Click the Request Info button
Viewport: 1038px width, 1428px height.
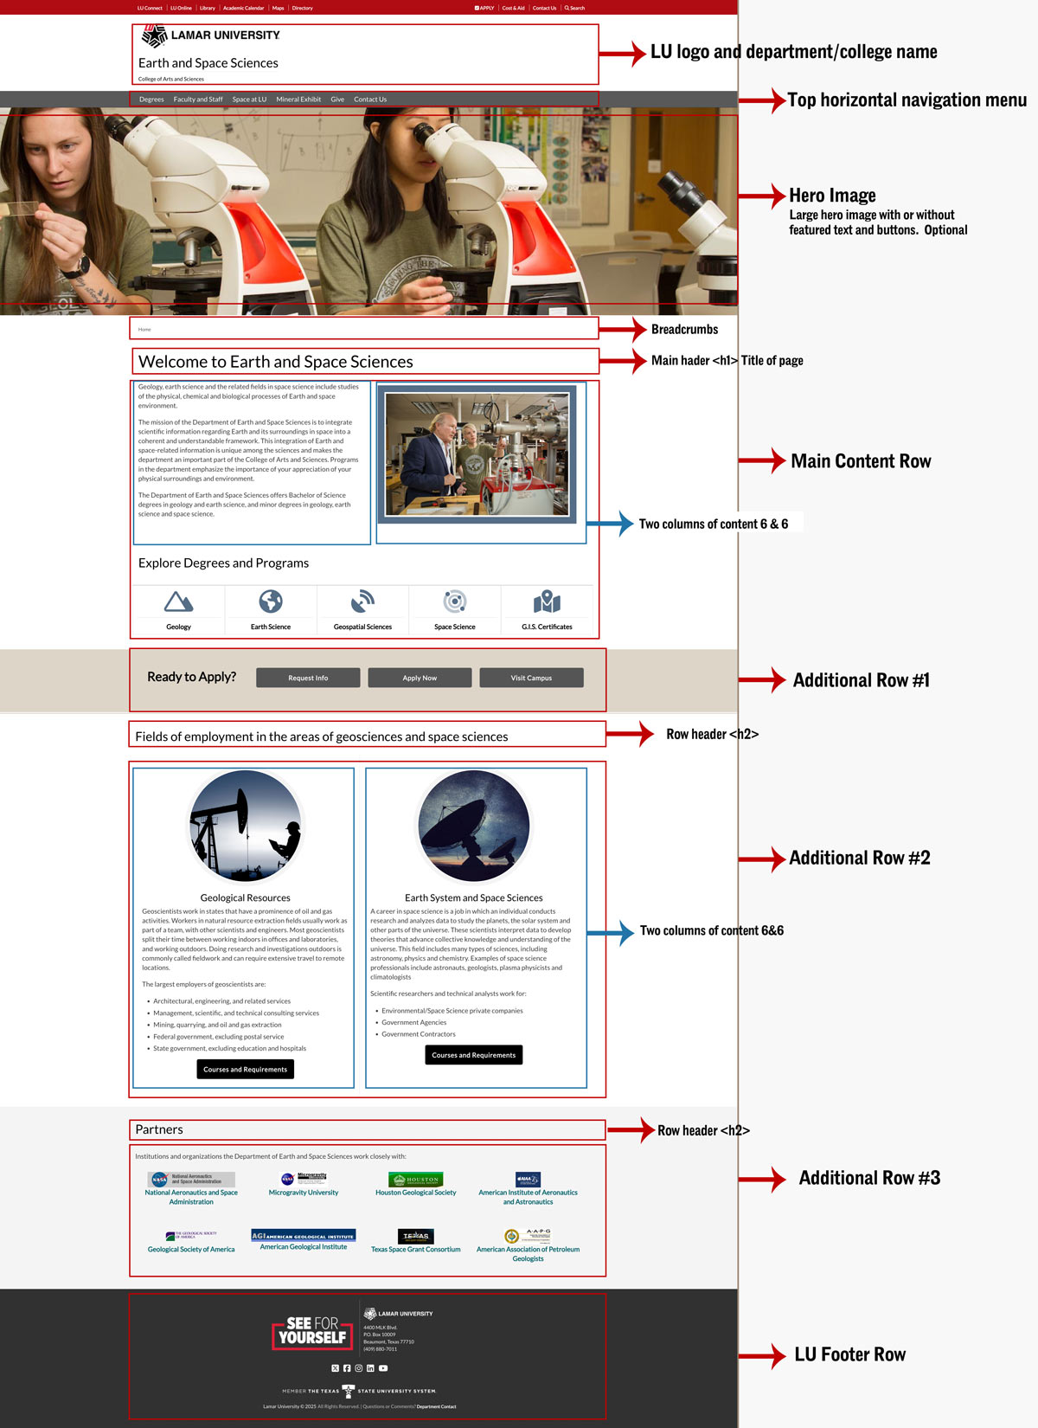[x=308, y=678]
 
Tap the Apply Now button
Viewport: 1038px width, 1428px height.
[x=420, y=678]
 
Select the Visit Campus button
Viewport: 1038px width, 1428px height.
[x=531, y=678]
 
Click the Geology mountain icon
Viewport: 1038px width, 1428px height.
[x=178, y=601]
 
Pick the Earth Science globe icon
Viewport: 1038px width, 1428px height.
[x=271, y=601]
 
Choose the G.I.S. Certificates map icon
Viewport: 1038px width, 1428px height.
[x=547, y=601]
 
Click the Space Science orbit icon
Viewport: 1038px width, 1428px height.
[x=455, y=601]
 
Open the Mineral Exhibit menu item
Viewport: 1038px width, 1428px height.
[x=298, y=100]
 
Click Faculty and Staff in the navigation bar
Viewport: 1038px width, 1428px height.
[x=198, y=100]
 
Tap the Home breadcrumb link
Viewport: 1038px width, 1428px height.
[x=144, y=330]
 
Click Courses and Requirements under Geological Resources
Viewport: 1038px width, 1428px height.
[x=245, y=1070]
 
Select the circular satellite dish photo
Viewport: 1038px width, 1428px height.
[x=474, y=827]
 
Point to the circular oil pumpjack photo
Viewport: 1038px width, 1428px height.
[x=246, y=827]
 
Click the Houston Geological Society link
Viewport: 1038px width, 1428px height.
[x=415, y=1193]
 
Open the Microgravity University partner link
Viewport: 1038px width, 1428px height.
[x=304, y=1193]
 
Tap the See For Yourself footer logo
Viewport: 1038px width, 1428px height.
[x=312, y=1331]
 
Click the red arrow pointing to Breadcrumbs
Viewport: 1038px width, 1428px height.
[x=623, y=329]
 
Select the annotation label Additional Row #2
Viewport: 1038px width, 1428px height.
[x=859, y=859]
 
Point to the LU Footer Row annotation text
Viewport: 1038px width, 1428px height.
[x=849, y=1355]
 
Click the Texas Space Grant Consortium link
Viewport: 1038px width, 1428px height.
[x=415, y=1250]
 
